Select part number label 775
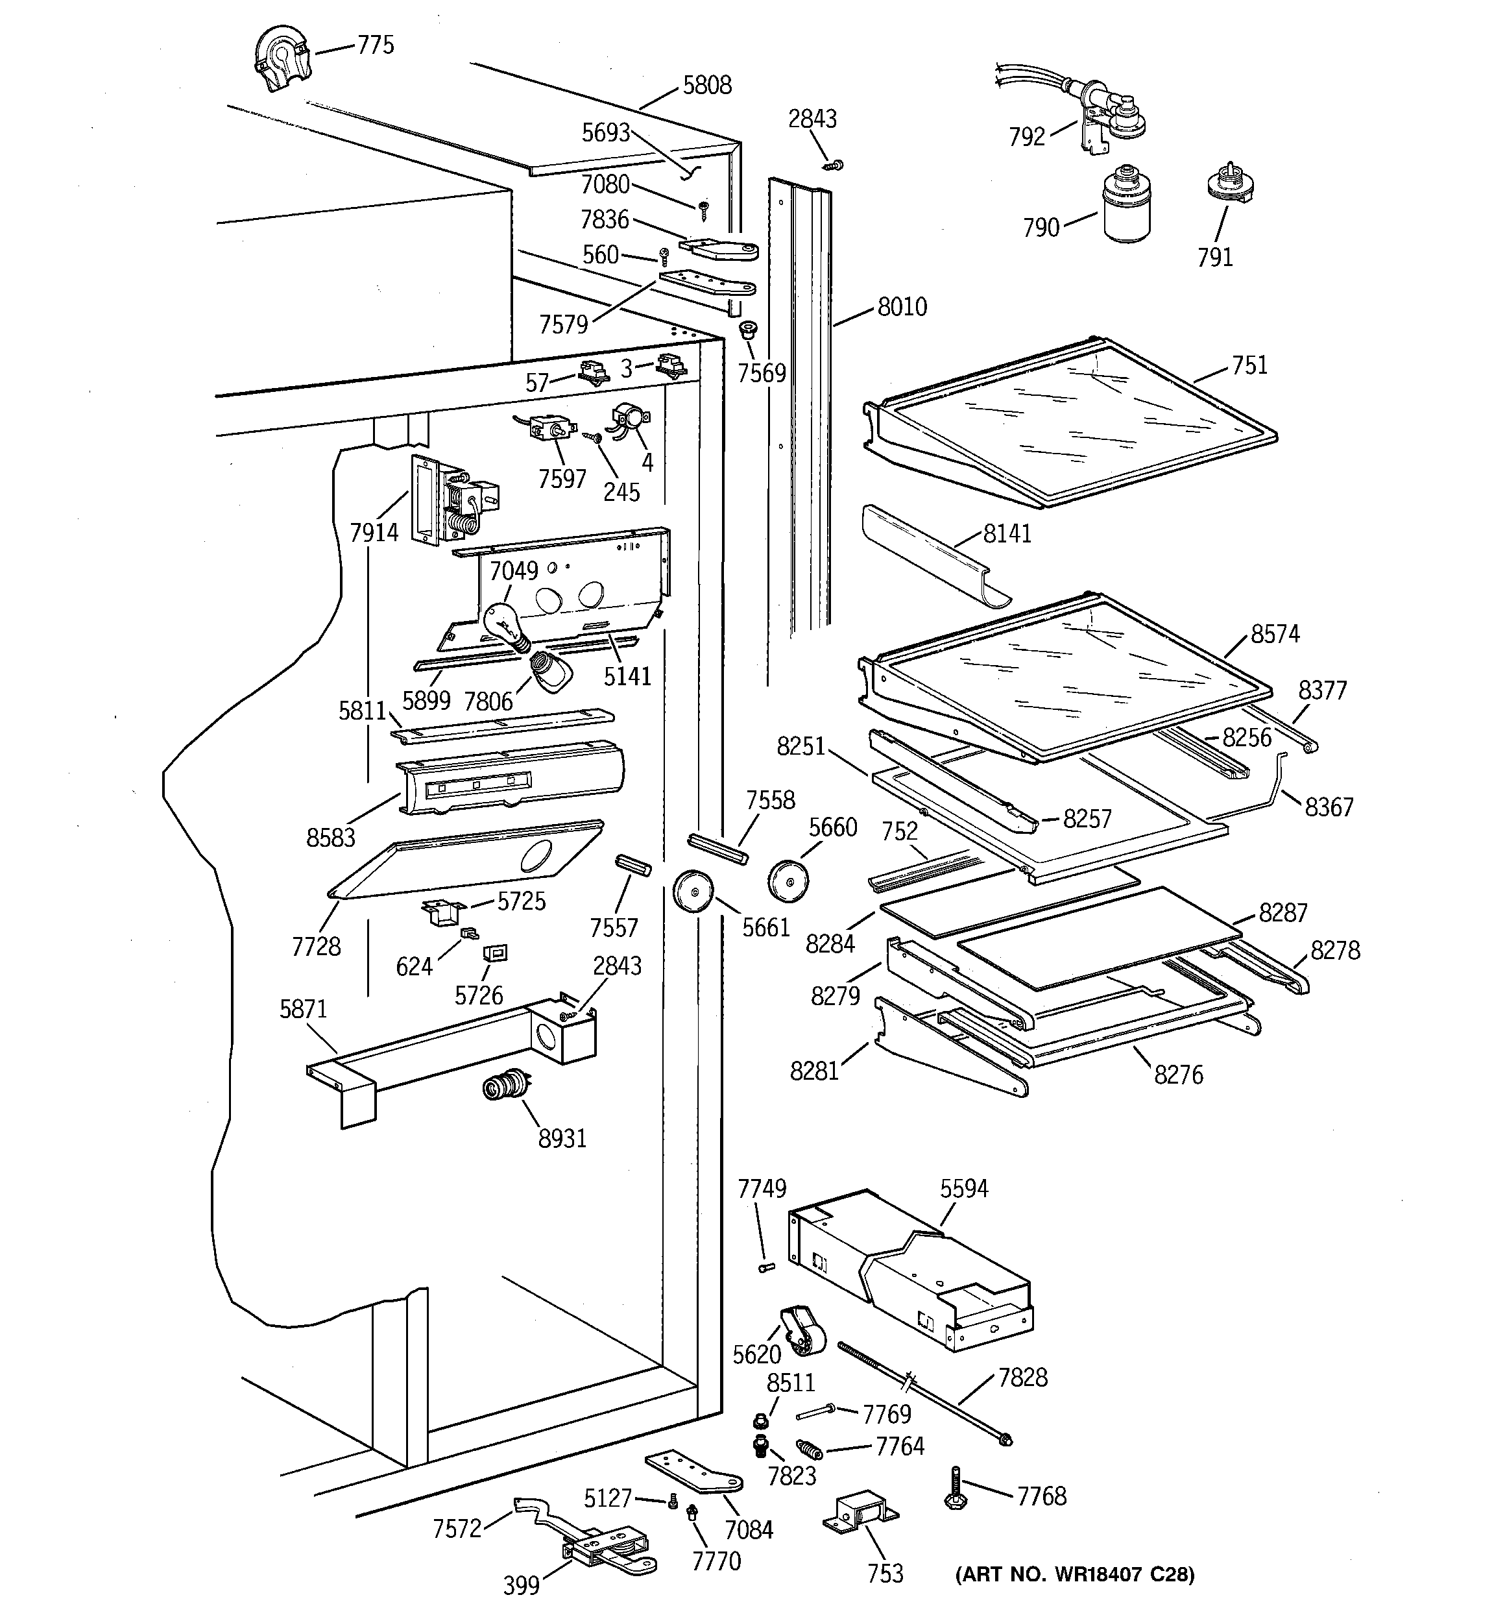376,45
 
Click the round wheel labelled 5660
788,881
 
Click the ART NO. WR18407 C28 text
1074,1574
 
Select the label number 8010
902,307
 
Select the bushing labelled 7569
748,330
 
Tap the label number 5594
964,1188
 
